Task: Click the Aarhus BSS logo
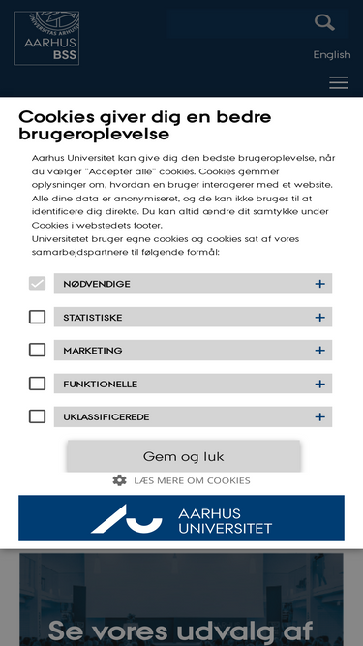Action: (x=46, y=39)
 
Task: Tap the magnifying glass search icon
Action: (x=325, y=22)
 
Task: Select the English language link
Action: (x=332, y=55)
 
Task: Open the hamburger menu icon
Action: (x=339, y=83)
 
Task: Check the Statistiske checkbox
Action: (x=37, y=317)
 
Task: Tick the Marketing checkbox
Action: (x=37, y=350)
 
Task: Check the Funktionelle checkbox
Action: (x=37, y=384)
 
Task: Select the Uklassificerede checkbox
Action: (x=37, y=416)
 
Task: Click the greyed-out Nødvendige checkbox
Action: (x=37, y=284)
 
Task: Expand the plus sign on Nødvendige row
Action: (x=319, y=284)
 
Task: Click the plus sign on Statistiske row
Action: (x=319, y=317)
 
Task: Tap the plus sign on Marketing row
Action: (x=319, y=350)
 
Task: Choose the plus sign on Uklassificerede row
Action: (x=319, y=416)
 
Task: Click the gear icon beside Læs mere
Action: (x=119, y=480)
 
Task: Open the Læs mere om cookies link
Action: (x=192, y=480)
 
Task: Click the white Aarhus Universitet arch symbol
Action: (x=127, y=519)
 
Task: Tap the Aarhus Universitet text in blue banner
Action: (x=225, y=520)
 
